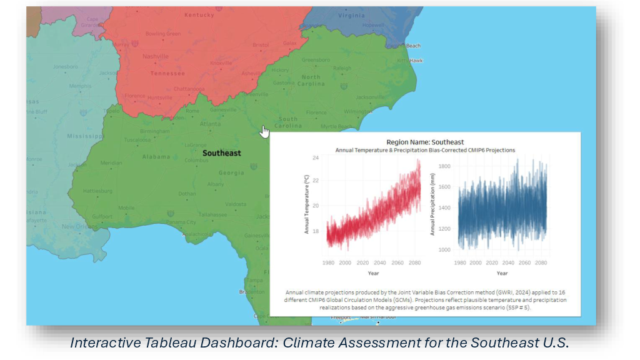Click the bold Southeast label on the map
click(x=221, y=153)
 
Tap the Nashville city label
click(x=156, y=56)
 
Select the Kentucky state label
click(x=199, y=14)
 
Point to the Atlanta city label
click(x=209, y=124)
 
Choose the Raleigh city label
click(x=342, y=68)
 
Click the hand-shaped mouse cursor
click(x=265, y=132)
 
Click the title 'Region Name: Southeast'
click(x=425, y=142)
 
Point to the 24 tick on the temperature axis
click(x=316, y=158)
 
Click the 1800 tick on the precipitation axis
click(x=446, y=166)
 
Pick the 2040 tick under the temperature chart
click(x=379, y=262)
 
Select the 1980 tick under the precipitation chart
click(x=459, y=262)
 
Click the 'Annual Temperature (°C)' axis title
click(x=307, y=204)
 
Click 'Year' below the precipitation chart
click(x=502, y=273)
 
